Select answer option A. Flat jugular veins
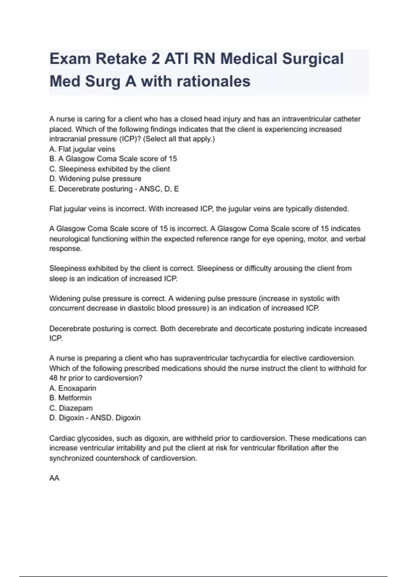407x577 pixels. [82, 149]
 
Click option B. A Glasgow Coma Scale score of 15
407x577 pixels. [113, 159]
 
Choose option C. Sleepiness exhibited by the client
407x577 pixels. [109, 169]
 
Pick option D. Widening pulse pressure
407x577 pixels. [95, 179]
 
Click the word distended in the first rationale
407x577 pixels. [331, 209]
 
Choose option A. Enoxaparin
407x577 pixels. [73, 388]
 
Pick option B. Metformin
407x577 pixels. [71, 398]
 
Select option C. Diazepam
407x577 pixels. [71, 408]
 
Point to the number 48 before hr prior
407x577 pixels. [54, 378]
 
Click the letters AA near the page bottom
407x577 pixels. [54, 478]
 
